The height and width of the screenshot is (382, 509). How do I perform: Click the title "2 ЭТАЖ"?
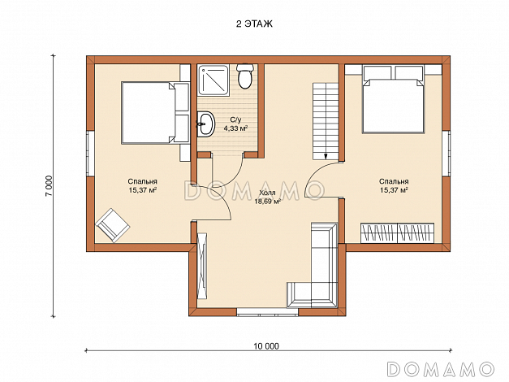click(x=254, y=24)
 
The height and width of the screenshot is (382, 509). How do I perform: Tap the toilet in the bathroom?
click(x=245, y=76)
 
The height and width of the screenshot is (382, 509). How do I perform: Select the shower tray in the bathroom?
click(x=214, y=80)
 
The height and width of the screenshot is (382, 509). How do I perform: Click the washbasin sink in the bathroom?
click(x=205, y=124)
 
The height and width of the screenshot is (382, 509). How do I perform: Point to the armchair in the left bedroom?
click(x=113, y=225)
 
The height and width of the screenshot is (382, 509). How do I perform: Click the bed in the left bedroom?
click(x=155, y=112)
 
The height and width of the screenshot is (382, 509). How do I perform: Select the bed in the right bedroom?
click(x=394, y=99)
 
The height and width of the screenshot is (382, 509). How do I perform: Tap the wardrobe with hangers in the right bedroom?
click(x=397, y=232)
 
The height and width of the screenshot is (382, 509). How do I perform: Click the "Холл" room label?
click(x=267, y=193)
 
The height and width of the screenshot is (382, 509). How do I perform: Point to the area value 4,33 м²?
click(x=235, y=128)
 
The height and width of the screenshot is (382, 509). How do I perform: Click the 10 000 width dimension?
click(x=266, y=346)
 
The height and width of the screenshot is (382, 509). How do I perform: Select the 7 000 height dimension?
click(x=49, y=186)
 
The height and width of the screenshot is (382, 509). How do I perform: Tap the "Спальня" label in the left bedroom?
click(x=143, y=181)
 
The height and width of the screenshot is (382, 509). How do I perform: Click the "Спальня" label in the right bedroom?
click(x=394, y=181)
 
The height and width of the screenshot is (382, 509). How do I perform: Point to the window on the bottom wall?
click(x=267, y=312)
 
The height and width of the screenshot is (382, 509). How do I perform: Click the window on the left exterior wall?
click(x=90, y=154)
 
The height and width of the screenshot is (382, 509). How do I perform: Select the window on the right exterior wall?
click(x=446, y=154)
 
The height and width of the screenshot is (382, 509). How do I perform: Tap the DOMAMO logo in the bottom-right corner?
click(x=441, y=369)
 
